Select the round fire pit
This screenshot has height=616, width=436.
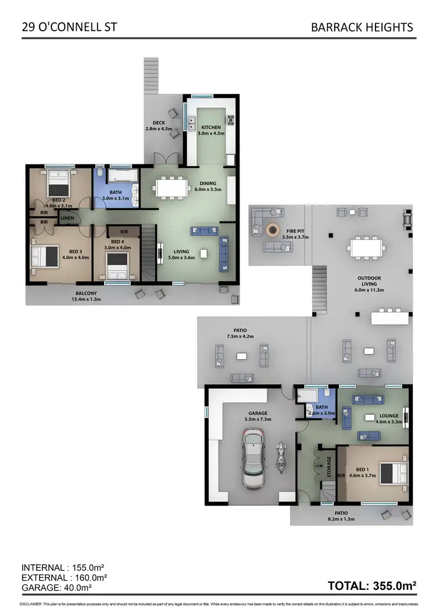coord(272,231)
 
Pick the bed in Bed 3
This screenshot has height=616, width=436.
coord(47,255)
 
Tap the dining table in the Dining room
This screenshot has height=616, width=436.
coord(172,187)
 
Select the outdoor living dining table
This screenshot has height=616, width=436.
coord(367,249)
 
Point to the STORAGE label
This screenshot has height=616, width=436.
coord(329,467)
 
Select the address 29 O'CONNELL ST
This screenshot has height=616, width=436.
coord(65,27)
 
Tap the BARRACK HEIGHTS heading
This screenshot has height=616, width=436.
coord(362,27)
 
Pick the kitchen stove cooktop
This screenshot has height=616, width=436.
coord(230,121)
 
